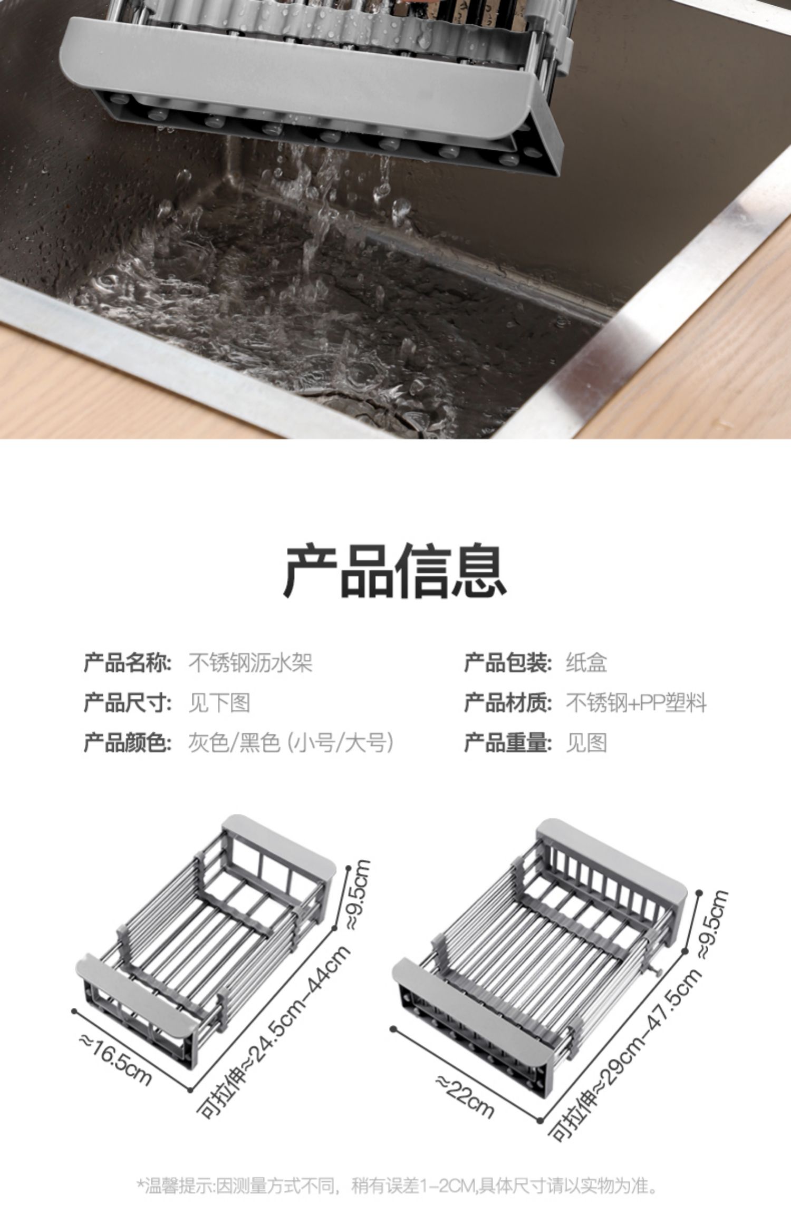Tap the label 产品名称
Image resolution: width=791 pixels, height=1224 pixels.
coord(128,663)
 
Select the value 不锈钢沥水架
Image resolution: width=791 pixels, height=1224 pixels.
coord(250,663)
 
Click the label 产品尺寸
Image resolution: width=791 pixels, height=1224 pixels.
coord(128,703)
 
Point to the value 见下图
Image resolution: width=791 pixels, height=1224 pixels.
coord(219,703)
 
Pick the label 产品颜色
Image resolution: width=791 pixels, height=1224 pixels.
coord(128,743)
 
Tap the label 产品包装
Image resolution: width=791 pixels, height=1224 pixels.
coord(508,663)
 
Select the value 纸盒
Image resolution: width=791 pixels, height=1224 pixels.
coord(586,663)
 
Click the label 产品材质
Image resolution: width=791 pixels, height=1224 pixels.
coord(508,703)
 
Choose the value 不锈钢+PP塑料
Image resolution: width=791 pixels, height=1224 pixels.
coord(636,703)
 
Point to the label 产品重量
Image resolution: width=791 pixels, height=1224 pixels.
coord(508,743)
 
